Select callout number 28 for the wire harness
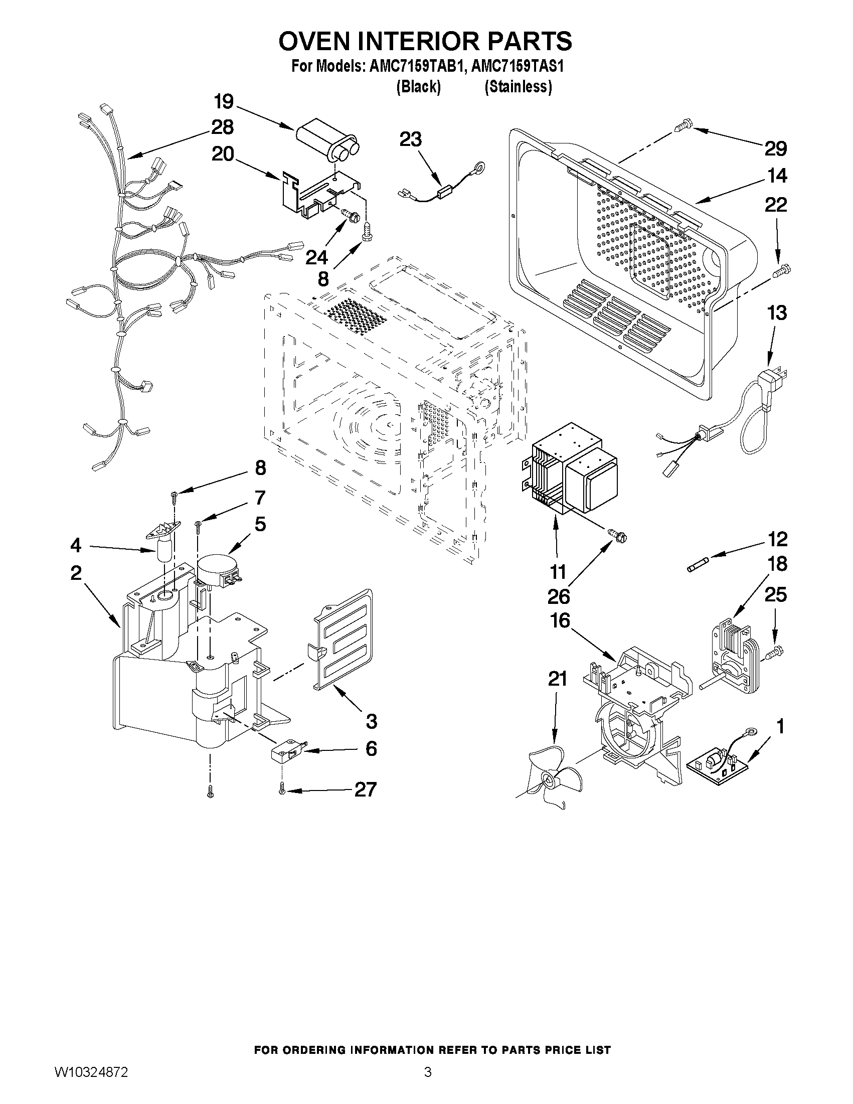pos(222,127)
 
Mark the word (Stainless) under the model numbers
pos(518,87)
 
